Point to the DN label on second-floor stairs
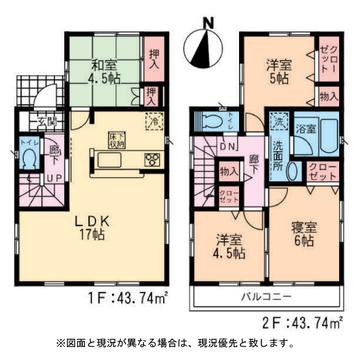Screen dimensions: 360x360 tap(227, 145)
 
